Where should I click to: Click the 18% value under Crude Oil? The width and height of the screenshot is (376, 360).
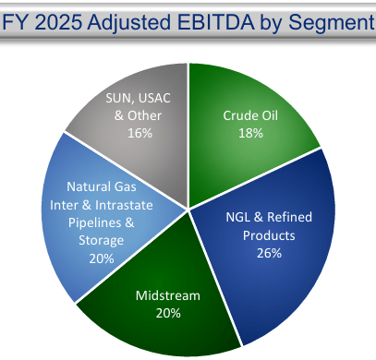point(250,133)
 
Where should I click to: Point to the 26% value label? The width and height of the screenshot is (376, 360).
point(269,253)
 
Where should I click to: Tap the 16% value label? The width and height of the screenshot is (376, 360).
point(139,133)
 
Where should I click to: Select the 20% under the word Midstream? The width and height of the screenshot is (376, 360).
point(168,313)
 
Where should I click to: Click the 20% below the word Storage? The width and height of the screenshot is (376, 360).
point(102,258)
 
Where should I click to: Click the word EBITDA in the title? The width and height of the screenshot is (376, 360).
point(216,22)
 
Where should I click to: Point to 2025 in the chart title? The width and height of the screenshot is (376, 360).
point(58,22)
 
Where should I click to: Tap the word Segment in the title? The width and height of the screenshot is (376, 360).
point(332,23)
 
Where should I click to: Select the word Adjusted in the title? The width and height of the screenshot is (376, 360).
point(129,23)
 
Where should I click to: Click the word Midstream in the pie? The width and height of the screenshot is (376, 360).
point(168,295)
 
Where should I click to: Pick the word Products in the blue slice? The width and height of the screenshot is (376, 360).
point(269,235)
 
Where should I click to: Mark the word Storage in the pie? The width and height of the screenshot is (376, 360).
point(101,241)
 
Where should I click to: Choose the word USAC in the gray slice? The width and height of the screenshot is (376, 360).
point(154,98)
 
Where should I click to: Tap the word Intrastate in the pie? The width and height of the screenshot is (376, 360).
point(124,205)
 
